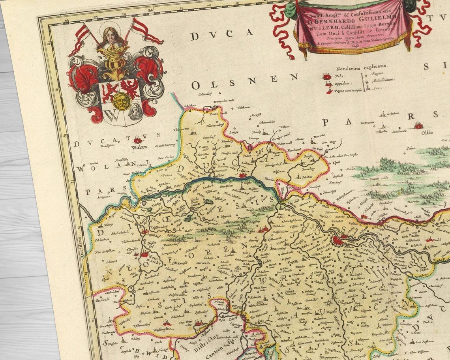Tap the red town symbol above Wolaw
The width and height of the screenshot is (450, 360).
[138, 140]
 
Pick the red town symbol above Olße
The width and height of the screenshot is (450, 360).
[419, 126]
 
